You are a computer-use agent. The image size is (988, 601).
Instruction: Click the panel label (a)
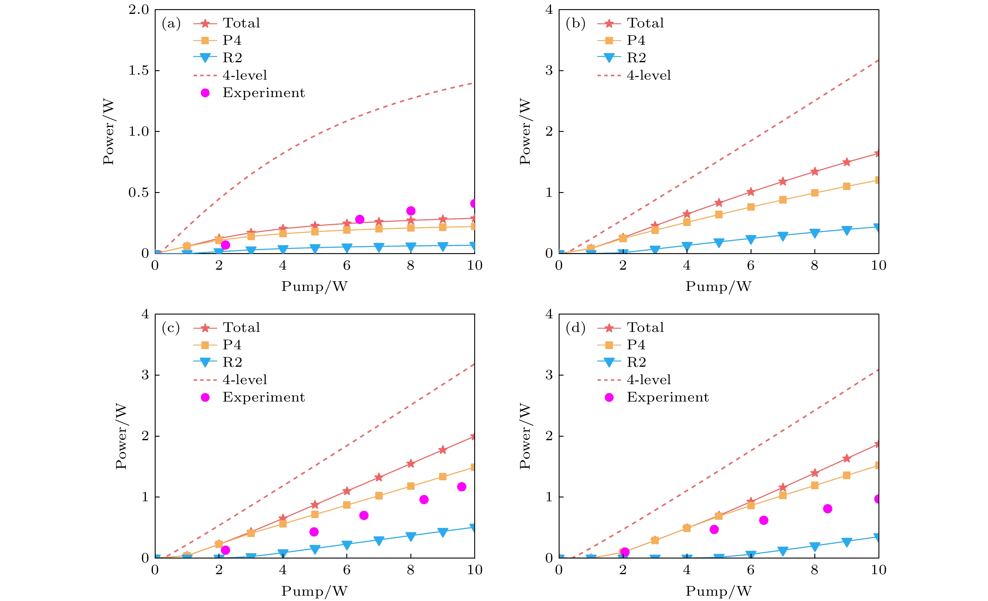pyautogui.click(x=171, y=24)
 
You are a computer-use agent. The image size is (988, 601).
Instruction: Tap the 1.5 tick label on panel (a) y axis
pyautogui.click(x=138, y=71)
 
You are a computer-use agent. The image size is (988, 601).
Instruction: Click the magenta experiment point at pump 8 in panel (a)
pyautogui.click(x=411, y=211)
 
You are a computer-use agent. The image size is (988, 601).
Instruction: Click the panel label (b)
pyautogui.click(x=575, y=24)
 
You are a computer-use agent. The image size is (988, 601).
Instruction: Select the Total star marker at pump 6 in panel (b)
pyautogui.click(x=751, y=192)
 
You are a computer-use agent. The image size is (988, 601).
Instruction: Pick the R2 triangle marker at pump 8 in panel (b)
pyautogui.click(x=814, y=233)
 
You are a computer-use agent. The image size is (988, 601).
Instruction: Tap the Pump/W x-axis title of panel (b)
pyautogui.click(x=718, y=286)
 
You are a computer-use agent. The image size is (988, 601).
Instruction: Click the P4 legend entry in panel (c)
pyautogui.click(x=232, y=345)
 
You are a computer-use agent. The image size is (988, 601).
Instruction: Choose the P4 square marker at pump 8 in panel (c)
pyautogui.click(x=411, y=486)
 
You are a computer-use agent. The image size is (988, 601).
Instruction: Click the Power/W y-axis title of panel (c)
pyautogui.click(x=121, y=436)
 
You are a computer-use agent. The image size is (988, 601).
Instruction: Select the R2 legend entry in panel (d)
pyautogui.click(x=636, y=362)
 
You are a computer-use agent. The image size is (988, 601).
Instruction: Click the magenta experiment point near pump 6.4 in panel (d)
pyautogui.click(x=764, y=520)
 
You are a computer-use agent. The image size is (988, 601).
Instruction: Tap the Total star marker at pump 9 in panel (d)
pyautogui.click(x=847, y=458)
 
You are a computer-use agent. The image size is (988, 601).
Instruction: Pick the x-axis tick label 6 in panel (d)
pyautogui.click(x=751, y=570)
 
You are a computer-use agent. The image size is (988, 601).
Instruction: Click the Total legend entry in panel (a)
pyautogui.click(x=241, y=23)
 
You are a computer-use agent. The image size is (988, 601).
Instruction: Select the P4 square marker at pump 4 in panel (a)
pyautogui.click(x=283, y=233)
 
